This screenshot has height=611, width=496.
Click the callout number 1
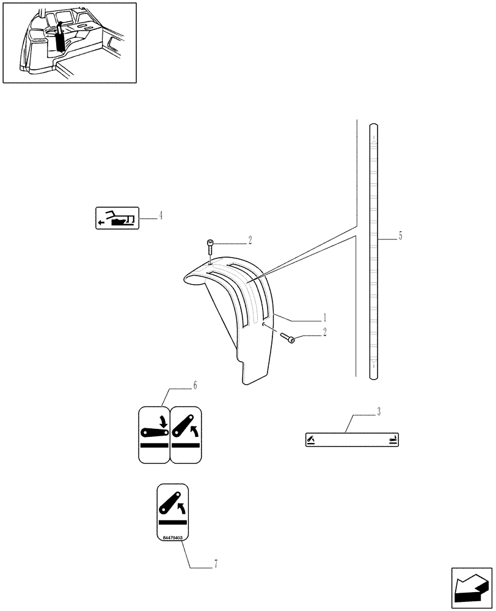tap(325, 318)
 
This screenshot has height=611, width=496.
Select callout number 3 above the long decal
tap(378, 412)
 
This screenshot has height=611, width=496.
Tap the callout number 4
tap(161, 215)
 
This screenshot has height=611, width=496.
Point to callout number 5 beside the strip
tap(400, 236)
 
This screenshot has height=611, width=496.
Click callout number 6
tap(195, 386)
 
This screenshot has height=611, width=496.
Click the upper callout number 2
tap(249, 240)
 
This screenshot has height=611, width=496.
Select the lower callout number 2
tap(325, 332)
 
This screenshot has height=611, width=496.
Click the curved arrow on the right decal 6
tap(194, 432)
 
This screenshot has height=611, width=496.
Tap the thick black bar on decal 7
tap(173, 523)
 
